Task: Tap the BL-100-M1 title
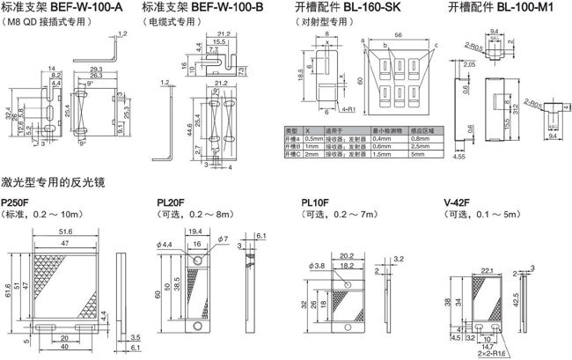pyautogui.click(x=499, y=7)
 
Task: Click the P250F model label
pyautogui.click(x=18, y=202)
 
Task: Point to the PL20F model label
pyautogui.click(x=170, y=202)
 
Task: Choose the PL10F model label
pyautogui.click(x=314, y=202)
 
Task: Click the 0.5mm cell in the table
pyautogui.click(x=314, y=139)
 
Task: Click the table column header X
pyautogui.click(x=308, y=131)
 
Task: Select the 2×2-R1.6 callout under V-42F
pyautogui.click(x=497, y=354)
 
